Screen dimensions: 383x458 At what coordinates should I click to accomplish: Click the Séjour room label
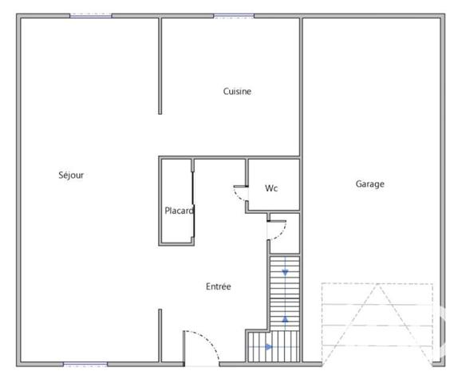click(x=71, y=176)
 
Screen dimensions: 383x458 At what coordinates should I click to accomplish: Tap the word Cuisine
click(x=237, y=92)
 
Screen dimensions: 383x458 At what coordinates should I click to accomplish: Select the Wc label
click(x=271, y=189)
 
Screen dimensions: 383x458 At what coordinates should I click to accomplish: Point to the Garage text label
click(x=369, y=184)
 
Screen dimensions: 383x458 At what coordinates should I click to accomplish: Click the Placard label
click(x=180, y=211)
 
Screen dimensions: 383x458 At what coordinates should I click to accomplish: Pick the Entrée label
click(x=218, y=286)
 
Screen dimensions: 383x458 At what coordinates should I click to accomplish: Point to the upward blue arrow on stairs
click(x=285, y=319)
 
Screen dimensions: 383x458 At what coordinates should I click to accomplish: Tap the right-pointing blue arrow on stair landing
click(x=268, y=346)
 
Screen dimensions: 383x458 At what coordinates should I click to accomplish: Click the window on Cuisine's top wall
click(x=234, y=16)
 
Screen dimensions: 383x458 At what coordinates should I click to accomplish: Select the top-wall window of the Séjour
click(x=90, y=16)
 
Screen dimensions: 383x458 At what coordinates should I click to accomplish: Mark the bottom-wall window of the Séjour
click(x=85, y=365)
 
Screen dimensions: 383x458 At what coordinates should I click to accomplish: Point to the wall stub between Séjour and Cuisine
click(x=160, y=68)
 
